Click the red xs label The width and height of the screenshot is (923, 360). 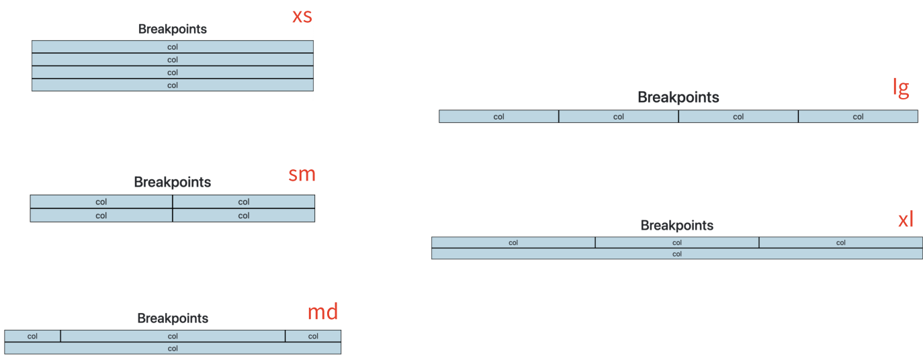tap(302, 16)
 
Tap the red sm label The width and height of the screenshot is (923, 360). tap(302, 175)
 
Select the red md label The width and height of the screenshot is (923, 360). tap(322, 312)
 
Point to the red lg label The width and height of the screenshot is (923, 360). tap(901, 87)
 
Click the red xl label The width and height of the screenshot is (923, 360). tap(906, 219)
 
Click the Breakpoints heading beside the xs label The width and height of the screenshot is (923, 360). tap(173, 29)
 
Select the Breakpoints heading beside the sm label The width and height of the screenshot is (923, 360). tap(173, 182)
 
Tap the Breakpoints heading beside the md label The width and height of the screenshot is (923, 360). tap(173, 318)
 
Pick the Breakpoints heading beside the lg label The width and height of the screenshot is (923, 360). tap(678, 97)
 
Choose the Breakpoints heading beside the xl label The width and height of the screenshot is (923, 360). tap(676, 226)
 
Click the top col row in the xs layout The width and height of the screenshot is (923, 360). tap(173, 47)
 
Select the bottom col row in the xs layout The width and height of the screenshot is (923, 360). tap(173, 85)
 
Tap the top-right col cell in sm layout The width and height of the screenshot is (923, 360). tap(244, 201)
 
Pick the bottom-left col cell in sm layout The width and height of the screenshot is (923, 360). tap(101, 216)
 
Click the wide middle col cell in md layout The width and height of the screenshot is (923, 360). tap(173, 336)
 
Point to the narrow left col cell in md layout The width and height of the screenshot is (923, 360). tap(32, 336)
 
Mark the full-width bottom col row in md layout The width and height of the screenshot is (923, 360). tap(173, 348)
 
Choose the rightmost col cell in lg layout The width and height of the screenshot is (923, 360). tap(858, 116)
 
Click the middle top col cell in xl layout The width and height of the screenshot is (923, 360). tap(676, 242)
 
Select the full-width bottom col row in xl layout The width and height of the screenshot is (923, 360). tap(676, 254)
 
